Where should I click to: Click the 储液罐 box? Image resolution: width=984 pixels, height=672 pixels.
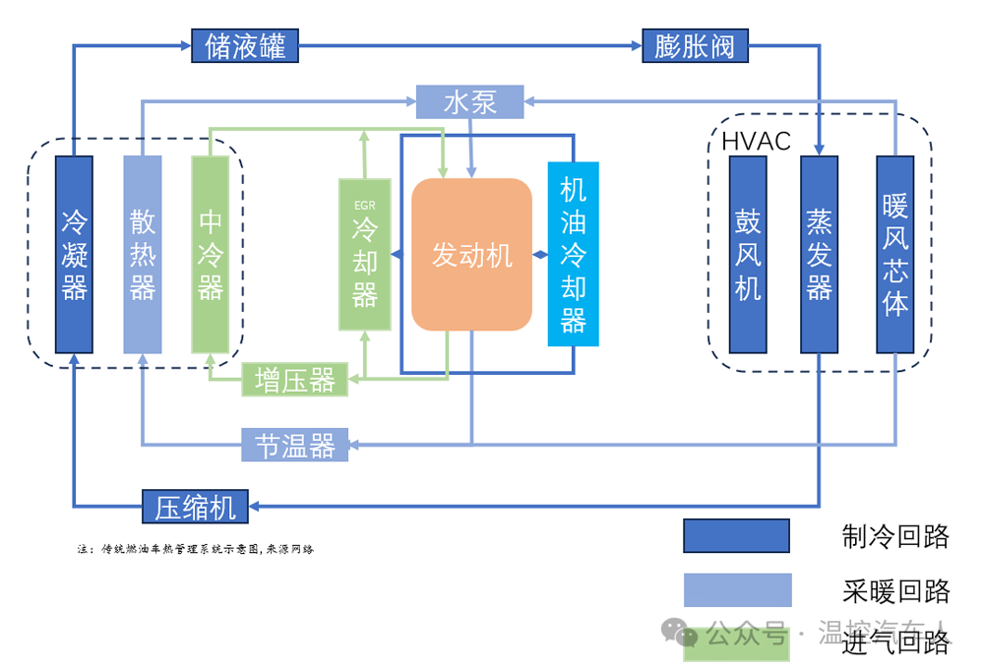point(245,46)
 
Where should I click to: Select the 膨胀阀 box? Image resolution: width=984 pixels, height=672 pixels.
point(695,46)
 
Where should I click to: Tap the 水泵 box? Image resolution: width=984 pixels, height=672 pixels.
point(469,101)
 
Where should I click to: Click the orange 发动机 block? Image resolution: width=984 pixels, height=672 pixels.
point(471,255)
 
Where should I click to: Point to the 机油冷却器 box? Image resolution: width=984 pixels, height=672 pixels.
point(573,254)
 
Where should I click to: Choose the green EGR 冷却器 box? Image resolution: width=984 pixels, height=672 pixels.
point(364,255)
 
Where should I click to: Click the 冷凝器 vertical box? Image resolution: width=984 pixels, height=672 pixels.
point(75,254)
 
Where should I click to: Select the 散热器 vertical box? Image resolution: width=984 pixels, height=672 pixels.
point(143,254)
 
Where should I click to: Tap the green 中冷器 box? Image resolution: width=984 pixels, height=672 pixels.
point(211,254)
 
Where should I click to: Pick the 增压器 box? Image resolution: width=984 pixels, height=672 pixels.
point(295,380)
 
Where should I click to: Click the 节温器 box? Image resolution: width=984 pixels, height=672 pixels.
point(295,446)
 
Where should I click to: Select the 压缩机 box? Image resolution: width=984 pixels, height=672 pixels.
point(195,506)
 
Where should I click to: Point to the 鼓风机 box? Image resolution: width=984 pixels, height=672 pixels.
point(748,254)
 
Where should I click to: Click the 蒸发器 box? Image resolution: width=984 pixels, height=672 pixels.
point(819,254)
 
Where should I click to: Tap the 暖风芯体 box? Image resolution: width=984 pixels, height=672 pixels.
point(894,254)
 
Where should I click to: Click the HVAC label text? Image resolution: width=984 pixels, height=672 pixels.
point(756,142)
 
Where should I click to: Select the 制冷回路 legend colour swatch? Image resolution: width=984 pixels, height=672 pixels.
point(736,536)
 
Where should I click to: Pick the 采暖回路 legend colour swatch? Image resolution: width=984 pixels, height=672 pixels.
point(736,590)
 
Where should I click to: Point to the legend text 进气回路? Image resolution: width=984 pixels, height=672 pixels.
point(895,643)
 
